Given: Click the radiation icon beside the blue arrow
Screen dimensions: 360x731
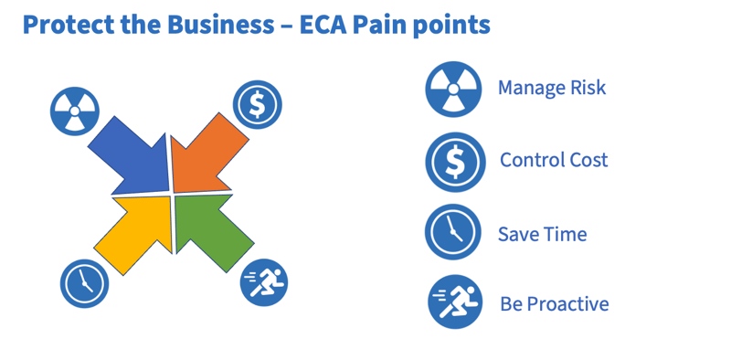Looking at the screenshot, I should (74, 111).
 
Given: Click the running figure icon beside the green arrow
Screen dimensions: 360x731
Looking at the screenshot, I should (264, 281).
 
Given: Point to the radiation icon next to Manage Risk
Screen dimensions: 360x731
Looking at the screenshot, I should (453, 90).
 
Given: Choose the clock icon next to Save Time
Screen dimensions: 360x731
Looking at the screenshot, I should (453, 232).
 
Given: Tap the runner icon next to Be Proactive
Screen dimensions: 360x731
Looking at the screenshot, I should (455, 302).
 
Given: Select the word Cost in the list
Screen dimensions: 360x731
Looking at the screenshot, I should (588, 160).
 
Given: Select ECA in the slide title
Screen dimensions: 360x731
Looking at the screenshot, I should (326, 25).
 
